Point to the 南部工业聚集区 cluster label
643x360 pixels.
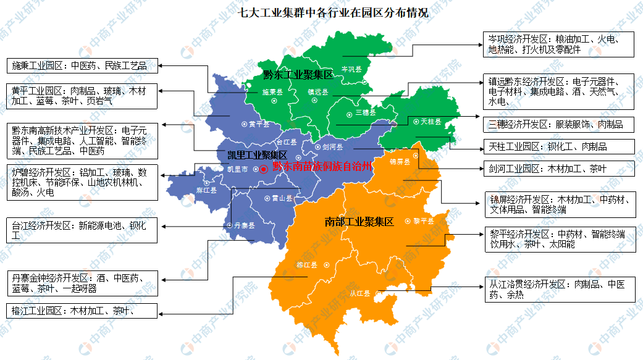(359, 222)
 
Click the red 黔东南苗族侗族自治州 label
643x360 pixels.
(323, 167)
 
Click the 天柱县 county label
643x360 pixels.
(431, 122)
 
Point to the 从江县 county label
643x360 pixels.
(360, 293)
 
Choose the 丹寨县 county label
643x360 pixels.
(244, 225)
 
